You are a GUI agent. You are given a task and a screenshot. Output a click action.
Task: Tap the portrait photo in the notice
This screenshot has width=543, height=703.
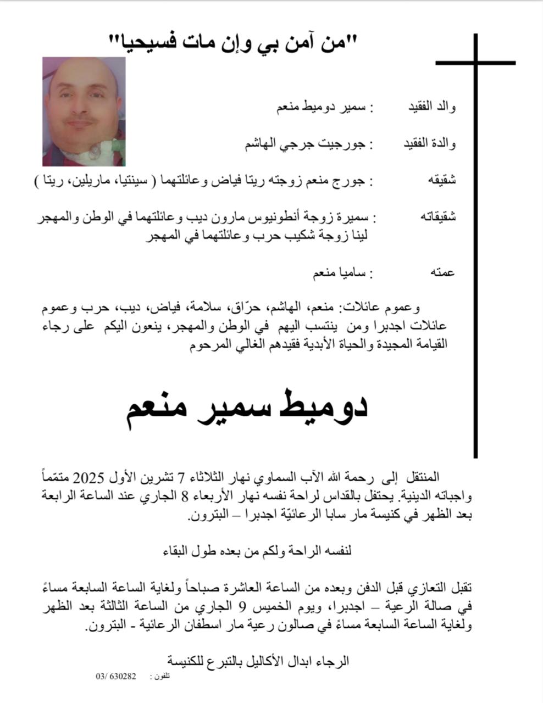84,111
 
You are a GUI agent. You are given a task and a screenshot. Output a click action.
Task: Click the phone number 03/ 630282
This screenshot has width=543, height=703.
116,676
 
